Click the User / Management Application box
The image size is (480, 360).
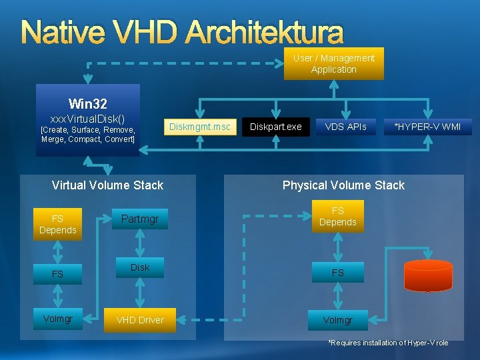(x=333, y=64)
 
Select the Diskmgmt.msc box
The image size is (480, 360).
(x=199, y=127)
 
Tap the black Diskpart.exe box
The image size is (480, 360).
(x=276, y=127)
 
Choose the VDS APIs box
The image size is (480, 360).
(x=345, y=127)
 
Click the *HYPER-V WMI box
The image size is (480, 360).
(x=427, y=127)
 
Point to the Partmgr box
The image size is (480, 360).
(x=140, y=219)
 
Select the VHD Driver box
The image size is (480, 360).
(x=140, y=320)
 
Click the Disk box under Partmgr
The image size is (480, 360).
(x=140, y=267)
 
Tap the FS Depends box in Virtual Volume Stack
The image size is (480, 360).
(x=58, y=224)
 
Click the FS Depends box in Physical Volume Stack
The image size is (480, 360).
(x=338, y=217)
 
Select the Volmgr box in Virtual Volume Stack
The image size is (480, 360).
(x=58, y=319)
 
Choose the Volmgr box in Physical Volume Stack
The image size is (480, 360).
(x=338, y=320)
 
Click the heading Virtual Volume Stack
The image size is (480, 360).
(x=107, y=185)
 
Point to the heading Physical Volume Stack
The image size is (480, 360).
(x=343, y=185)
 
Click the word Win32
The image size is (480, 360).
(x=87, y=104)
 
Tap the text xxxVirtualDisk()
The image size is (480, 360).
(x=87, y=117)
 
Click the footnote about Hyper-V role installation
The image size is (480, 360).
(x=388, y=343)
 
